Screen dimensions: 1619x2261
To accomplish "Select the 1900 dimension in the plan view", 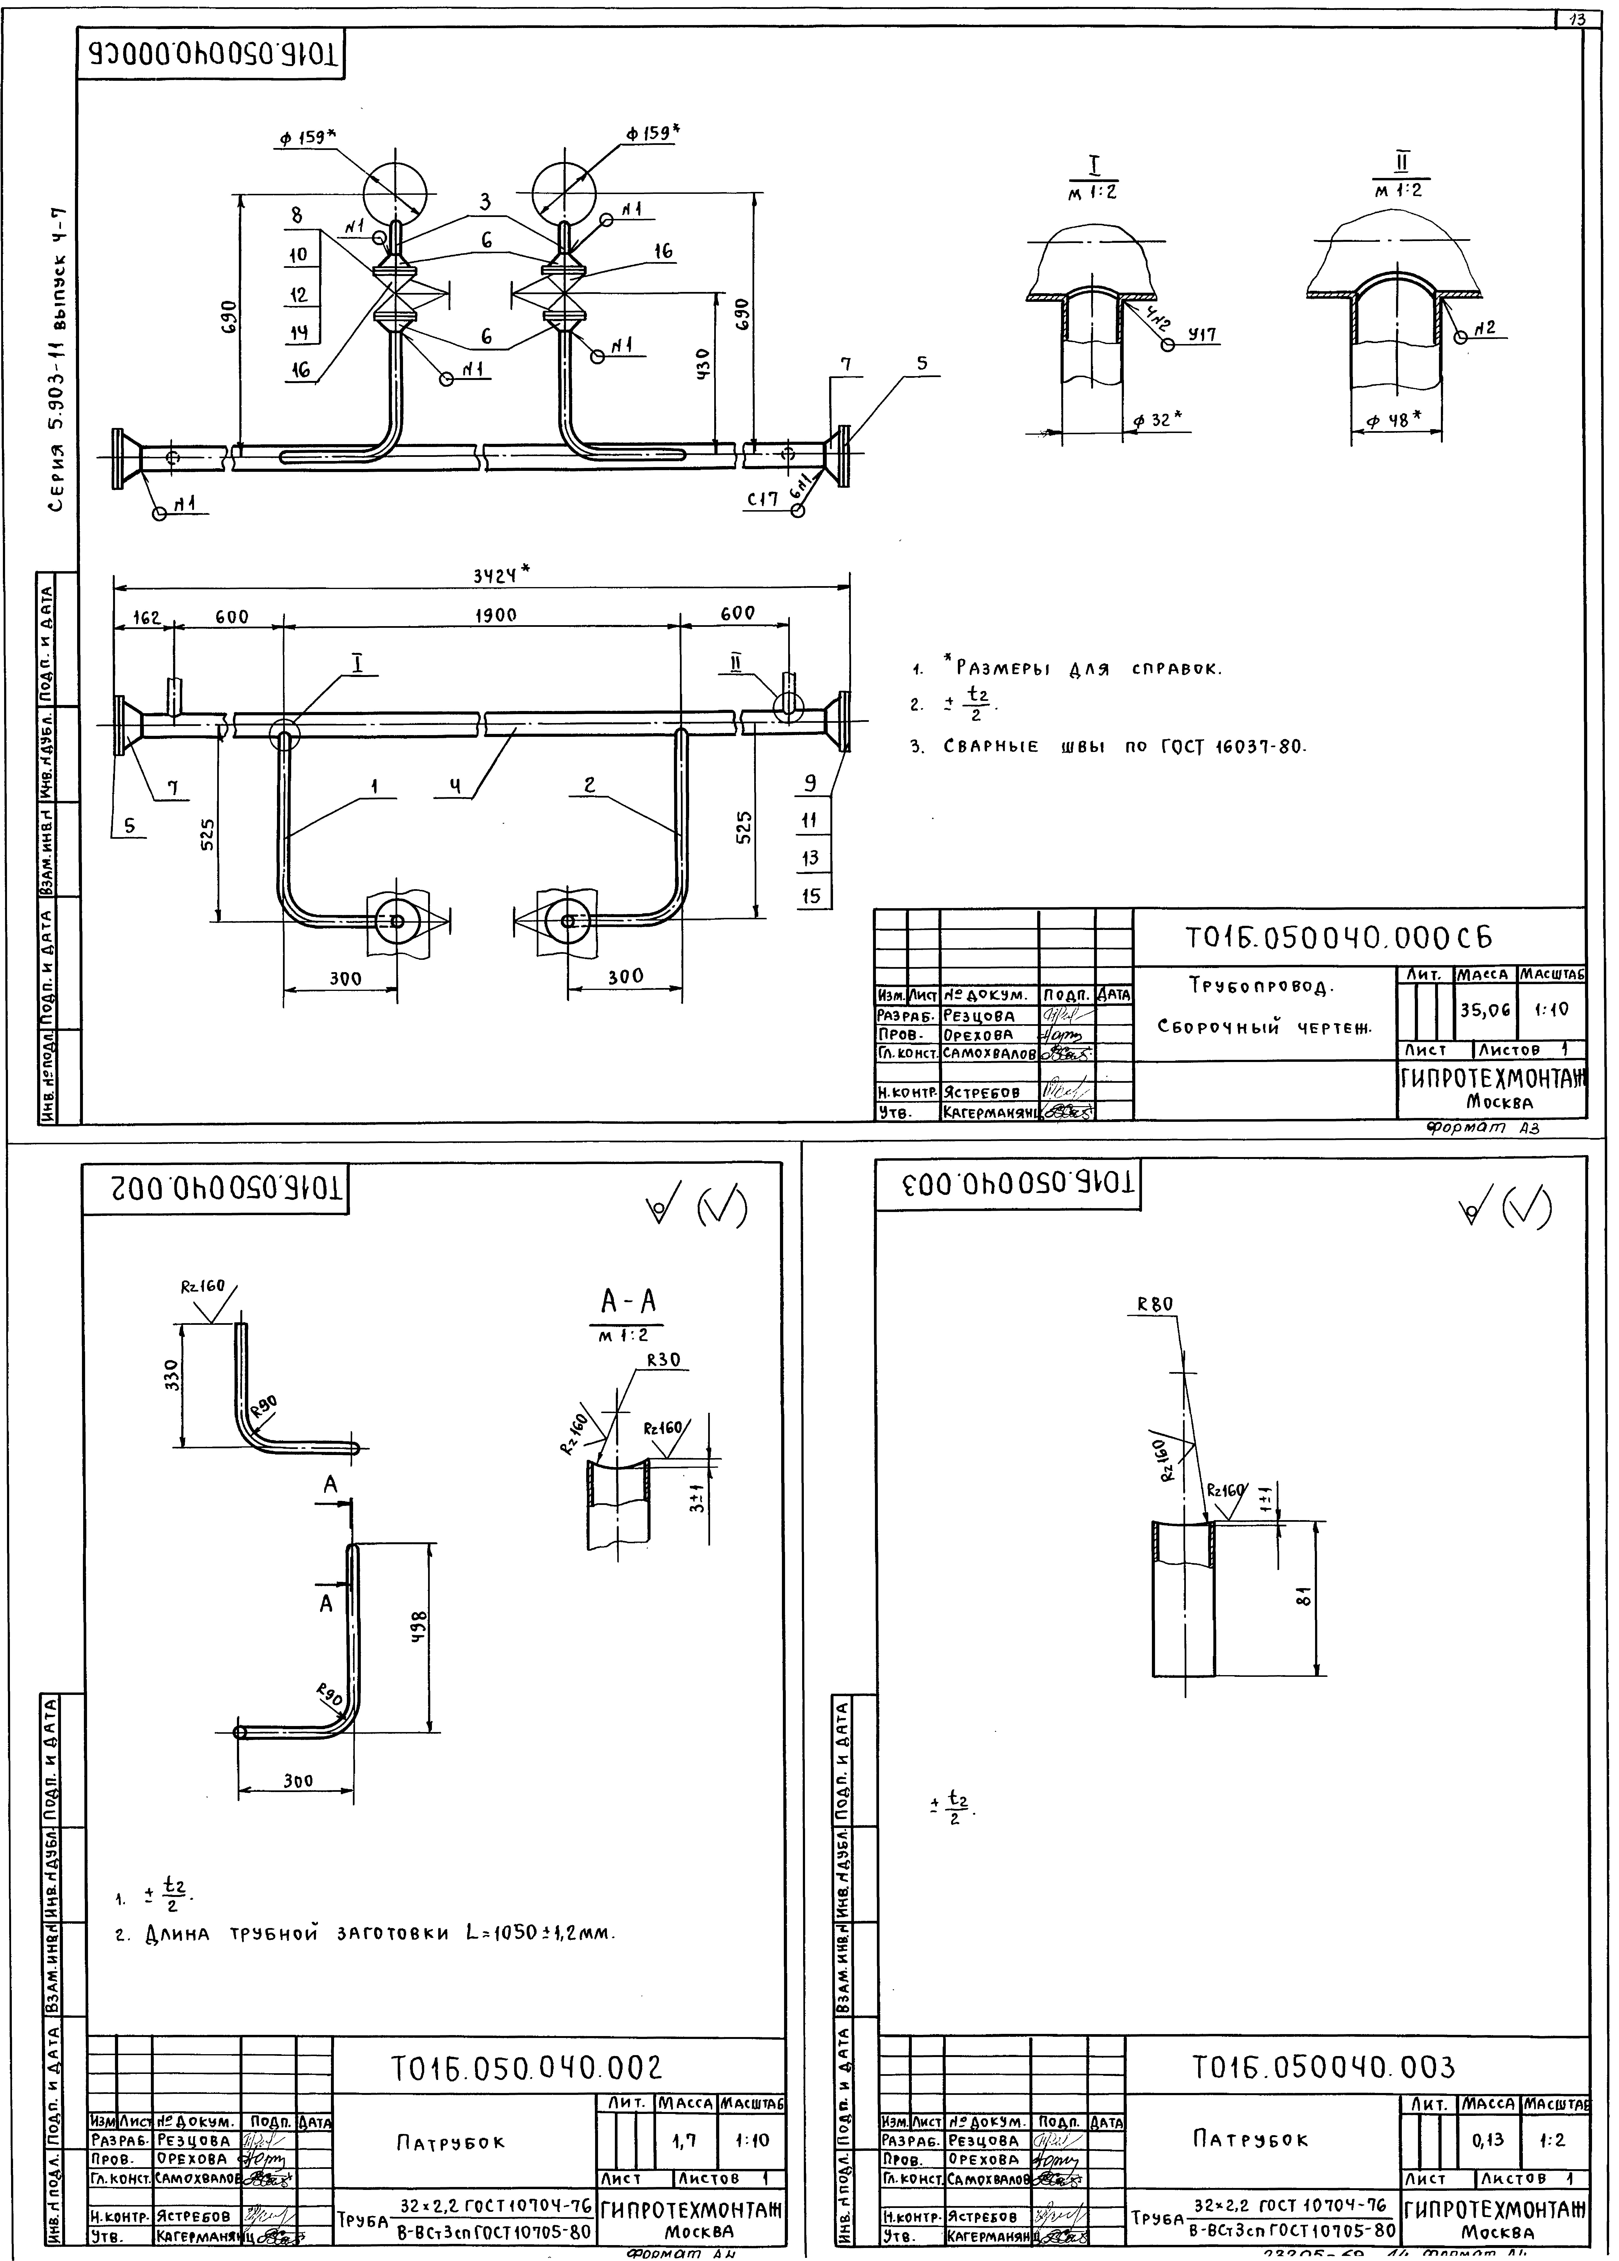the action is tap(496, 615).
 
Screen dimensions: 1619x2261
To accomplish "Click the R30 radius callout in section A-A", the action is tap(662, 1359).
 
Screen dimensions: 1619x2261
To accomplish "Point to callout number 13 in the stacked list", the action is tap(809, 857).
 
